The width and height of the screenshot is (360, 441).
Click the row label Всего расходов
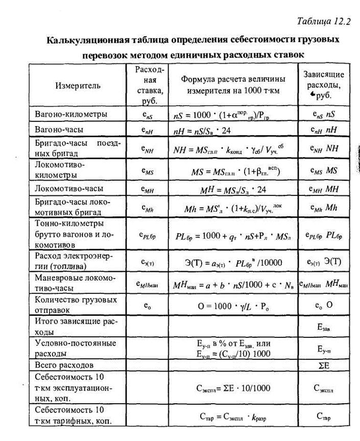(x=64, y=365)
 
